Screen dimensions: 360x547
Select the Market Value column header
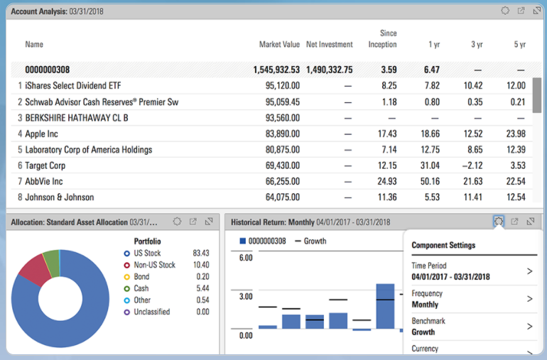[279, 45]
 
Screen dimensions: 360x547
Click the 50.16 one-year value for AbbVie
[430, 181]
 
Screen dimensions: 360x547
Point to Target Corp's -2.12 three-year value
[471, 165]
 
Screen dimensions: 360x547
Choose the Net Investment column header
[329, 45]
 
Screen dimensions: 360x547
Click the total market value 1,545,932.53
[276, 70]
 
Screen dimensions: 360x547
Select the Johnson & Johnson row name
[59, 197]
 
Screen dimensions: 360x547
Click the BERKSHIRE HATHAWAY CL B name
[77, 118]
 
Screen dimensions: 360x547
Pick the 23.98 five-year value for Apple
[515, 134]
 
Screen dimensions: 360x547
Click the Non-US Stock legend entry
[155, 265]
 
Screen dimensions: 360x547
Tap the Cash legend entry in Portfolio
[141, 288]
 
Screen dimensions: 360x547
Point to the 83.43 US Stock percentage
[200, 253]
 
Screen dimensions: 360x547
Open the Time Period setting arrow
[529, 271]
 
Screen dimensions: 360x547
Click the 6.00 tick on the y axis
[245, 258]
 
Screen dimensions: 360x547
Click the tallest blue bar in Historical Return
[385, 306]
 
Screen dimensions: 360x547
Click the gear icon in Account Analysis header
[505, 11]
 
